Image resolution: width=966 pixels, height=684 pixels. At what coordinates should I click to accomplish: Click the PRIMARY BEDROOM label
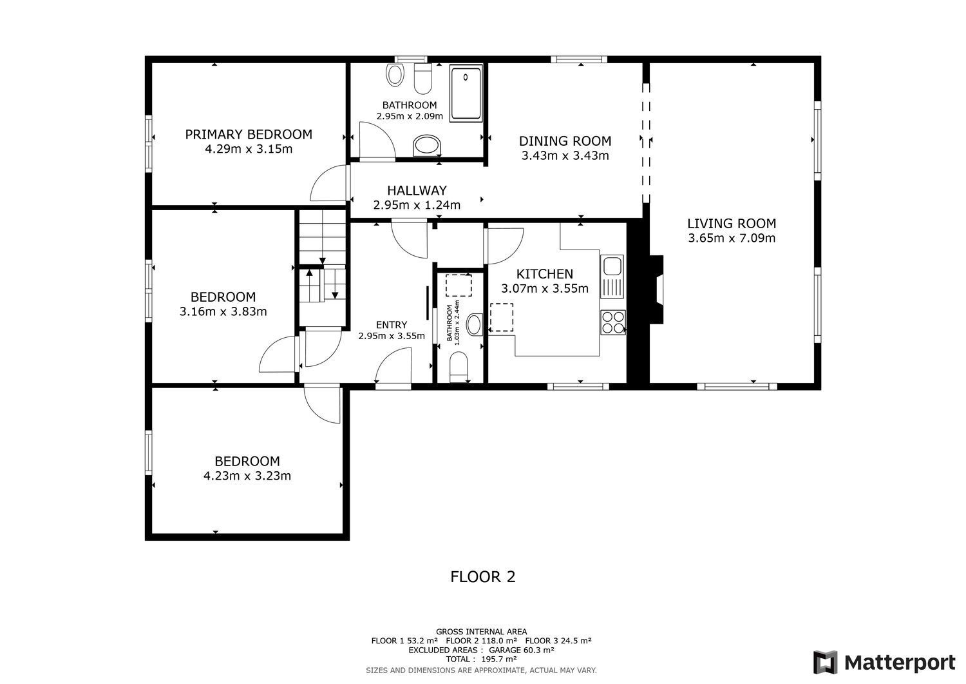[x=249, y=134]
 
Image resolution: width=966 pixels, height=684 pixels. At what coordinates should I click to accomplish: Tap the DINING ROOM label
[x=565, y=141]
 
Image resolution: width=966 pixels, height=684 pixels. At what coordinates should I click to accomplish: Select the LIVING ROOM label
[x=732, y=223]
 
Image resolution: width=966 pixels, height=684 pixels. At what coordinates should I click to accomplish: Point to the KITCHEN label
[x=545, y=274]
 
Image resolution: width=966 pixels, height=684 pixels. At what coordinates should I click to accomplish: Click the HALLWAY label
[x=417, y=190]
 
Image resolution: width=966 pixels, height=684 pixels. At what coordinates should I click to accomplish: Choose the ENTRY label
[x=391, y=325]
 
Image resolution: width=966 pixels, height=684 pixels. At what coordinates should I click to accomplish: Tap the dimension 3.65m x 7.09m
[x=732, y=238]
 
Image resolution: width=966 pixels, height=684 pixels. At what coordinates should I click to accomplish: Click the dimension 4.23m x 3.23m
[x=247, y=475]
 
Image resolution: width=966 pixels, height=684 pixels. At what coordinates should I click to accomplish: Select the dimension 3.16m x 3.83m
[x=223, y=311]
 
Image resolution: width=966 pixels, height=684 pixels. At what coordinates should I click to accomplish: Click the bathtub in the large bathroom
[x=466, y=93]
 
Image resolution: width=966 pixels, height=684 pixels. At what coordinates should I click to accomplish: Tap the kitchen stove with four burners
[x=613, y=322]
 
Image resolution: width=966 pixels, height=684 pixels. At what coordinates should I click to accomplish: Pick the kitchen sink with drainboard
[x=612, y=277]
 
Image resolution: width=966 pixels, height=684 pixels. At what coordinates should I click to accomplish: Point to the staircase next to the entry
[x=323, y=268]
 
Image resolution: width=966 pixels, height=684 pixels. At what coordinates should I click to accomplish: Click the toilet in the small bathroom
[x=459, y=367]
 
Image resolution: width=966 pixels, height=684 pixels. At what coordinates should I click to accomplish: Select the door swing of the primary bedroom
[x=328, y=183]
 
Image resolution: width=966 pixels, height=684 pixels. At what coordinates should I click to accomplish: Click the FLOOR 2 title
[x=482, y=576]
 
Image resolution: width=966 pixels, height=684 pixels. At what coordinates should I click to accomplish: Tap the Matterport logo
[x=884, y=663]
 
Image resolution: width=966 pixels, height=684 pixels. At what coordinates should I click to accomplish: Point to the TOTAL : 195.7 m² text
[x=481, y=659]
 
